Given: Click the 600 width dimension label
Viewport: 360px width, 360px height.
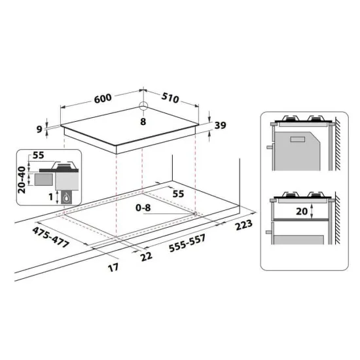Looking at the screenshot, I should click(x=101, y=98).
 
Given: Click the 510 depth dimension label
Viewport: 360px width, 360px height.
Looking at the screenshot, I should click(x=170, y=99).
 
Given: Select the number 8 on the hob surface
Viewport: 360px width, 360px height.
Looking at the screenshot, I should click(x=143, y=121).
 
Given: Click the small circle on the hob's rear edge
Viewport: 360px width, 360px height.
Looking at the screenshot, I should click(x=143, y=108).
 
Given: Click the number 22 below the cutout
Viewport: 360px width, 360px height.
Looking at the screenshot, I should click(x=147, y=255).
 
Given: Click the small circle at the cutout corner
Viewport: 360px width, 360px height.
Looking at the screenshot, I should click(x=195, y=213).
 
